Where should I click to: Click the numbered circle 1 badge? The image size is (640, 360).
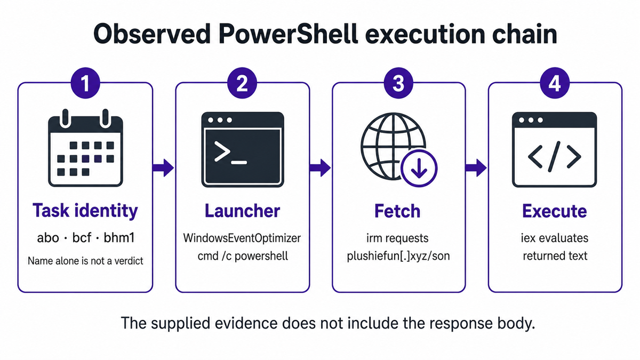tap(85, 83)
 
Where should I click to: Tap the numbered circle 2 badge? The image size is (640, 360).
tap(242, 83)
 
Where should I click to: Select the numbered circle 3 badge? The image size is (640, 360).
tap(398, 83)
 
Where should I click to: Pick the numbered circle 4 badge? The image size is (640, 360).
tap(555, 83)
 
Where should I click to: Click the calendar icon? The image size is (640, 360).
tap(85, 148)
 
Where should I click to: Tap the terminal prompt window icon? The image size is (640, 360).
tap(243, 149)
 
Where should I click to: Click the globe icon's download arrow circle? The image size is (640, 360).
tap(419, 169)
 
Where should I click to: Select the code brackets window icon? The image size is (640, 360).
tap(554, 149)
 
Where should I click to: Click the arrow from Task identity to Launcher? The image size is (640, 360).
tap(163, 167)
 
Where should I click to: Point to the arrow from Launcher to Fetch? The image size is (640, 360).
tap(320, 167)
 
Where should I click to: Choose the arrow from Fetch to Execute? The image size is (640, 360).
tap(476, 167)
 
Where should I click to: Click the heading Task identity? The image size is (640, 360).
tap(85, 211)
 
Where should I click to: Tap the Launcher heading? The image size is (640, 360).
tap(242, 211)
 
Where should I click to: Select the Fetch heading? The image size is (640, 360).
tap(397, 211)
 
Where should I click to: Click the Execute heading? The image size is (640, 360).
tap(555, 211)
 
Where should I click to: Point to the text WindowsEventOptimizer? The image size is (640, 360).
tap(242, 238)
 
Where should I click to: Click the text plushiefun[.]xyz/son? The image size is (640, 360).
tap(398, 256)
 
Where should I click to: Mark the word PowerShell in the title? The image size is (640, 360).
tap(289, 34)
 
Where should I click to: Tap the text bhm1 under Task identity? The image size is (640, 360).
tap(119, 238)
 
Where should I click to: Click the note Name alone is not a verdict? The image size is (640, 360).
tap(85, 261)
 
